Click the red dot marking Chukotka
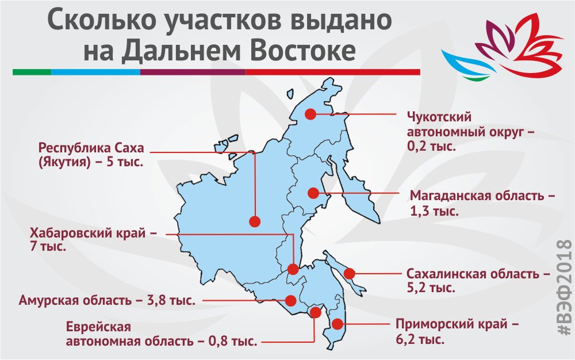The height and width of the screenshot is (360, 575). pyautogui.click(x=310, y=114)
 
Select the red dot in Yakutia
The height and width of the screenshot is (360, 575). pyautogui.click(x=255, y=221)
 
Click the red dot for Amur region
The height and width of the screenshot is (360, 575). pyautogui.click(x=290, y=300)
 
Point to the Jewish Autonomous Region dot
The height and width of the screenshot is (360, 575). pyautogui.click(x=315, y=312)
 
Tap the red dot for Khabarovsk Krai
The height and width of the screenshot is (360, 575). pyautogui.click(x=293, y=269)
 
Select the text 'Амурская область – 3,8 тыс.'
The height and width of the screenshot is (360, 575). pyautogui.click(x=106, y=300)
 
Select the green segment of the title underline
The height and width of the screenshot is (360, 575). pyautogui.click(x=32, y=72)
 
